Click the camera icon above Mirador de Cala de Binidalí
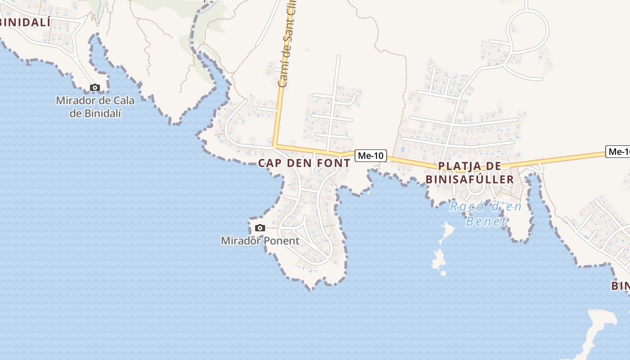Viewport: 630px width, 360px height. coord(94,87)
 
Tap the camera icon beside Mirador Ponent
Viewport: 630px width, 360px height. coord(260,228)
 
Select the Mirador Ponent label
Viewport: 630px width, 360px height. coord(260,241)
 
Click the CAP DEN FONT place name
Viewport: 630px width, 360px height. coord(304,163)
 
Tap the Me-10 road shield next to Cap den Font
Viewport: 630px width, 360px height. coord(371,156)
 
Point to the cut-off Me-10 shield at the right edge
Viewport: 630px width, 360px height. coord(618,152)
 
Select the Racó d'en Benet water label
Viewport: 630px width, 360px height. coord(486,214)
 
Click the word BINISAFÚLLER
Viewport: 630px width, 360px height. coord(470,180)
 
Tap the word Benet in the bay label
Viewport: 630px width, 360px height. coord(486,221)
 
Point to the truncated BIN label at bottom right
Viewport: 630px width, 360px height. coord(620,286)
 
